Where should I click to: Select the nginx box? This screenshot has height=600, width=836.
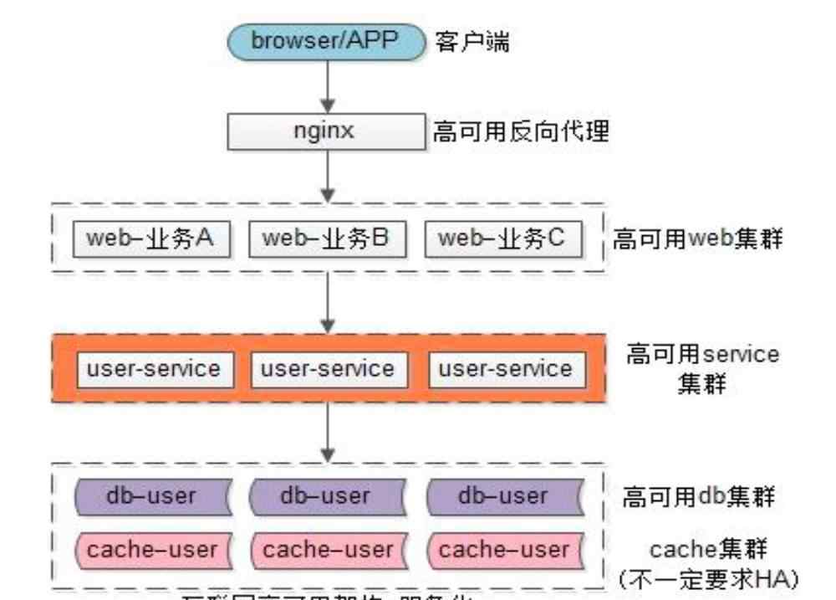pyautogui.click(x=327, y=131)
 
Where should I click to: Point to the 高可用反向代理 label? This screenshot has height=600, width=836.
pyautogui.click(x=520, y=132)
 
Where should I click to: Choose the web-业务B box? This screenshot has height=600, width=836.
pyautogui.click(x=327, y=239)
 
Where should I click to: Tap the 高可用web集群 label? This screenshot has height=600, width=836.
pyautogui.click(x=698, y=240)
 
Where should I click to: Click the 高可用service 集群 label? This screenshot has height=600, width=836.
pyautogui.click(x=702, y=368)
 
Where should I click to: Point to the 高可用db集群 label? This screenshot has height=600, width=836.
pyautogui.click(x=698, y=497)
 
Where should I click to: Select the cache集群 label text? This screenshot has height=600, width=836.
pyautogui.click(x=709, y=550)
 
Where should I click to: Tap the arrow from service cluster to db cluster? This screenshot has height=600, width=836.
pyautogui.click(x=328, y=431)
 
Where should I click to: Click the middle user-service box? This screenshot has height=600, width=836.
pyautogui.click(x=327, y=369)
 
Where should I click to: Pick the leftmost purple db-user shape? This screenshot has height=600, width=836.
pyautogui.click(x=151, y=496)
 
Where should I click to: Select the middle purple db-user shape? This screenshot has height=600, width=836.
pyautogui.click(x=325, y=496)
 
